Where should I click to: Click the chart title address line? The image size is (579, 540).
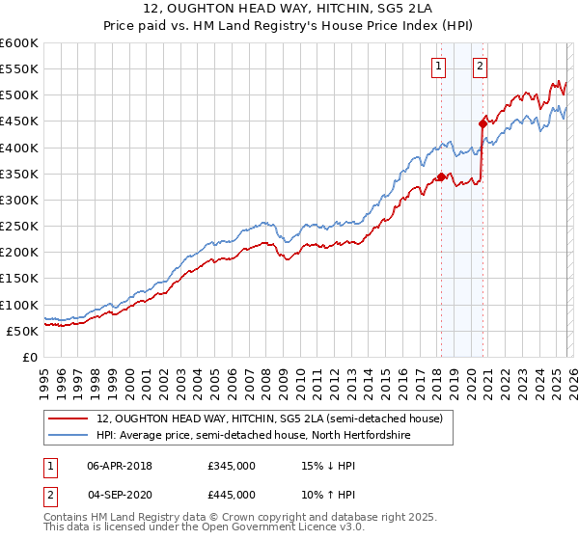click(289, 10)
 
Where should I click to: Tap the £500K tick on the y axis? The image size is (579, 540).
click(18, 95)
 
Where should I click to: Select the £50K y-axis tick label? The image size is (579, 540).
click(21, 331)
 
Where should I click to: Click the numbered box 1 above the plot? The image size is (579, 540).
click(439, 67)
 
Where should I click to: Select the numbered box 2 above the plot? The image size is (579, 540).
click(480, 67)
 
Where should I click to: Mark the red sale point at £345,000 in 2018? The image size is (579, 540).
click(441, 176)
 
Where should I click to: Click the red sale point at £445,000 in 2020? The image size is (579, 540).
click(482, 123)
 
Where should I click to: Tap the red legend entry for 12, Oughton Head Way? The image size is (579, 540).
click(269, 418)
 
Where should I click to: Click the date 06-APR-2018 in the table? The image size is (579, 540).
click(119, 466)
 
